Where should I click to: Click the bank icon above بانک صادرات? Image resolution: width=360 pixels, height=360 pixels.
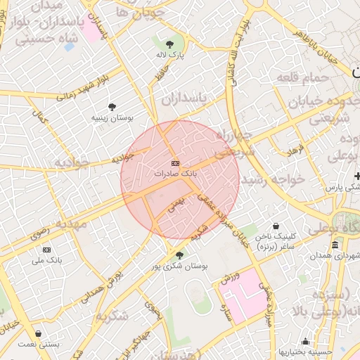tap(175, 162)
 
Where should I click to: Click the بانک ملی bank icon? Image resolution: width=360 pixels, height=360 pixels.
tap(47, 250)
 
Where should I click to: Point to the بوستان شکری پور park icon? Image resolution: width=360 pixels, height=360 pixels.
tap(179, 255)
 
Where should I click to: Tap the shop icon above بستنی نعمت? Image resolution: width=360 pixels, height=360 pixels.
tap(37, 334)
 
